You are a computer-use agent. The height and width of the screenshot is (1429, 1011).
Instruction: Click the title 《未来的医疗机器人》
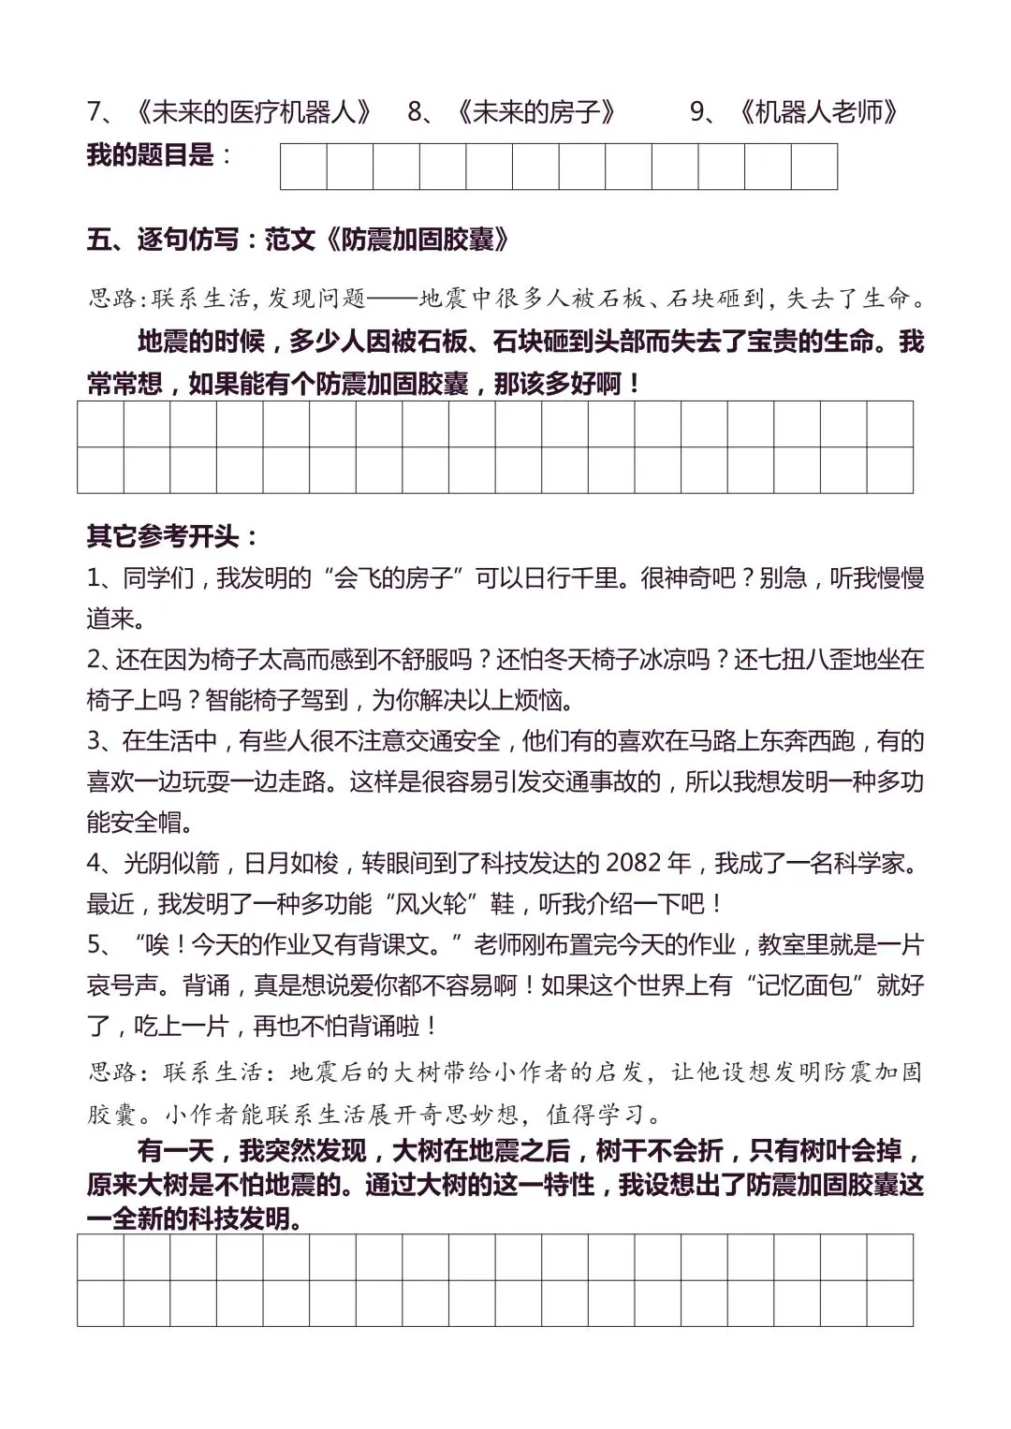(x=253, y=112)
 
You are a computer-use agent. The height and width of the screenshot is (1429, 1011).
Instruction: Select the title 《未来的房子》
(x=537, y=112)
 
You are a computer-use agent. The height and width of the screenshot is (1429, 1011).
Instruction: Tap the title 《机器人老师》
(x=819, y=112)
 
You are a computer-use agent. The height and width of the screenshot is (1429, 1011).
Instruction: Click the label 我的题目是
(x=150, y=154)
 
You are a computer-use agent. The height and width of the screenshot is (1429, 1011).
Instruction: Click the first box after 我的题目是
(x=304, y=167)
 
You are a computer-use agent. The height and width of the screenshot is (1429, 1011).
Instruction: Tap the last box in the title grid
(x=813, y=167)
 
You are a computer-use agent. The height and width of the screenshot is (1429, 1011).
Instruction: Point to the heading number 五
(x=99, y=240)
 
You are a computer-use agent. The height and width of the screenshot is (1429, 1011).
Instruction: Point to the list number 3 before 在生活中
(x=95, y=741)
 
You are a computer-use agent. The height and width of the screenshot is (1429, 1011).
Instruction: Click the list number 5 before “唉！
(x=95, y=944)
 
